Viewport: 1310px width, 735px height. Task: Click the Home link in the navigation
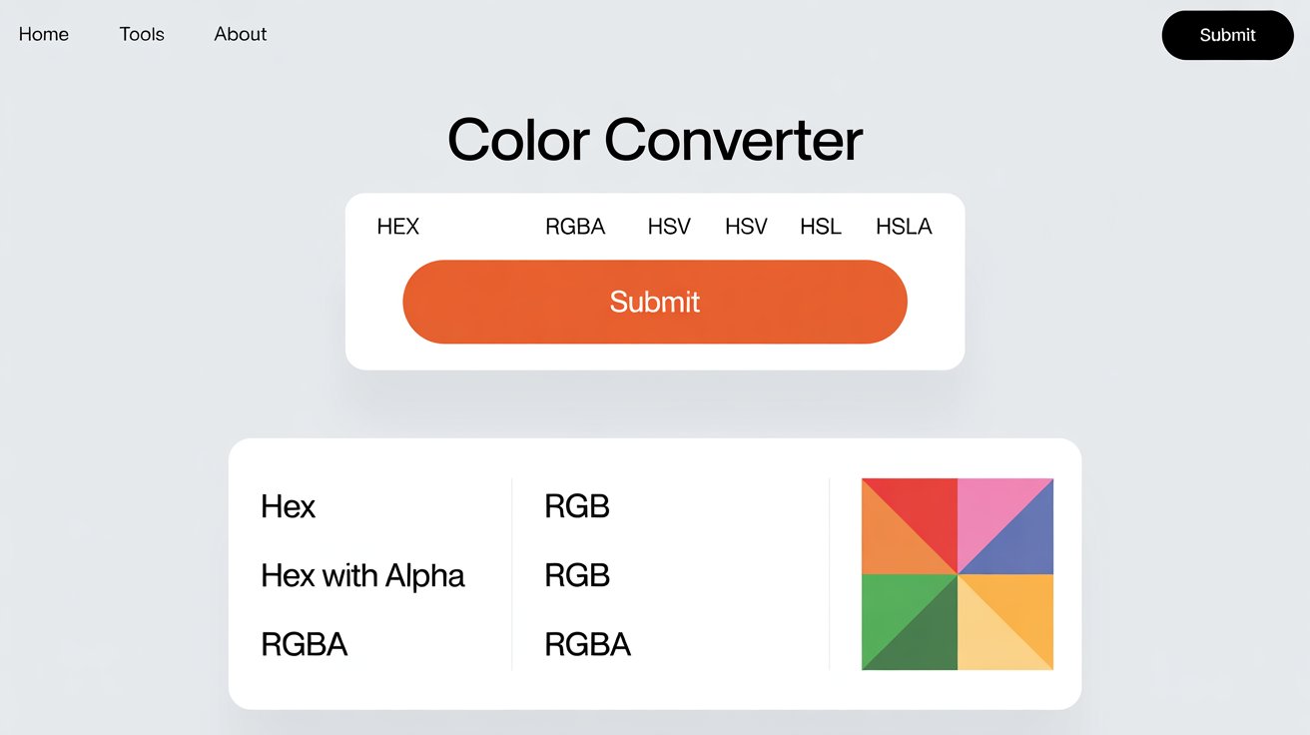coord(44,34)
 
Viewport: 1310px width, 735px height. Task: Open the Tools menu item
coord(142,34)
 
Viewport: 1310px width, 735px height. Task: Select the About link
coord(240,34)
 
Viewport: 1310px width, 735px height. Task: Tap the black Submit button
coord(1227,35)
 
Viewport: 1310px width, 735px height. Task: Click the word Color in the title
coord(519,140)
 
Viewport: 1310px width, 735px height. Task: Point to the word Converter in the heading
coord(733,140)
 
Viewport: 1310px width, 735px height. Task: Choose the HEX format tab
coord(397,227)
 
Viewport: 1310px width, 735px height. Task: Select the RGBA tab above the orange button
coord(575,227)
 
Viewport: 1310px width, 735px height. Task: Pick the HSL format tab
coord(821,227)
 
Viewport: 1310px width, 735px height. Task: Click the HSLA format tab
coord(904,227)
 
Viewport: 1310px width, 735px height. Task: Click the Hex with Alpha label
coord(362,575)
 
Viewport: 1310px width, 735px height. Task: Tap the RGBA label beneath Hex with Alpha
coord(305,644)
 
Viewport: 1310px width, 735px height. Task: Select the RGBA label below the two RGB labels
coord(588,644)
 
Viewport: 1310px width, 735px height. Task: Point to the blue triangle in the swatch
coord(1021,542)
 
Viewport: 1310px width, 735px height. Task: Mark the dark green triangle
coord(926,638)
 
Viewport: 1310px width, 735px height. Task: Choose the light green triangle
coord(894,606)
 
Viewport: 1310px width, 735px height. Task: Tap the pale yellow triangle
coord(989,638)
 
